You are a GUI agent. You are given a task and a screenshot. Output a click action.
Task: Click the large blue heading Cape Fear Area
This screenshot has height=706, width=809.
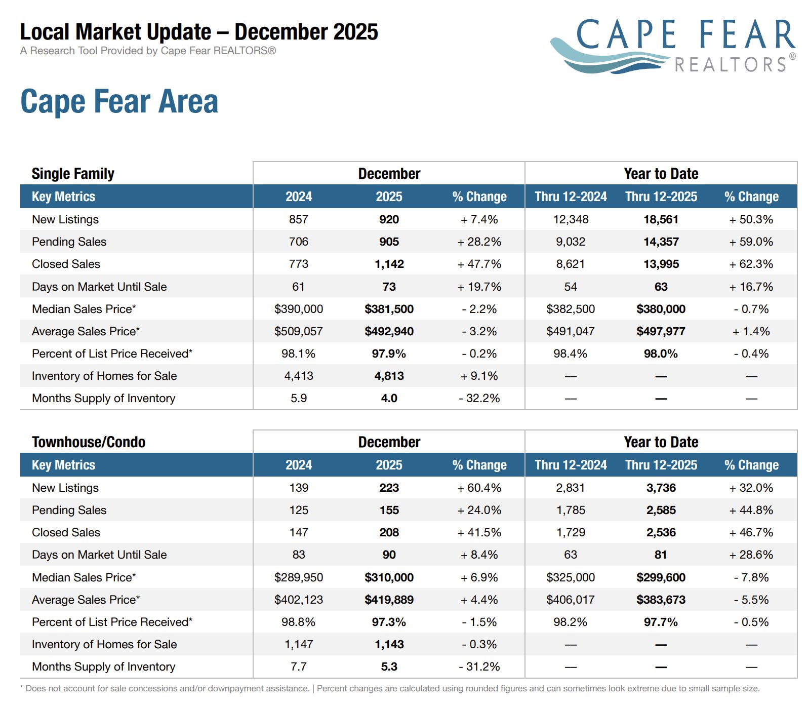click(x=119, y=101)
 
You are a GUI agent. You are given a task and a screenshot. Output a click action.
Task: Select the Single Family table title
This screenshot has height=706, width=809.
click(x=73, y=174)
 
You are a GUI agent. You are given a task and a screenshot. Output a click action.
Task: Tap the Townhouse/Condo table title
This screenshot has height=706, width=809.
click(x=89, y=442)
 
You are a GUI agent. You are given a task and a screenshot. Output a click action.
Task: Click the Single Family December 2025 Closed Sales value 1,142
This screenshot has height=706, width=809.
click(x=389, y=264)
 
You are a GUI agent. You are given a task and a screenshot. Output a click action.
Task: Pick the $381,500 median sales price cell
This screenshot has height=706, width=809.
click(x=389, y=309)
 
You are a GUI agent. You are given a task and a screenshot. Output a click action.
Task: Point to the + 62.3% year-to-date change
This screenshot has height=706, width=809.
click(x=751, y=264)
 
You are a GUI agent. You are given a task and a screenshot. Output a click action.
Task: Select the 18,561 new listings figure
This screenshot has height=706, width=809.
click(x=661, y=219)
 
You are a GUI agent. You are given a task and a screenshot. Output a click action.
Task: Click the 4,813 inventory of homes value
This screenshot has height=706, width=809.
click(x=389, y=376)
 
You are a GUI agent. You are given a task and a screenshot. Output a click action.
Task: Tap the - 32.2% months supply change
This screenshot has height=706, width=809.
click(x=479, y=398)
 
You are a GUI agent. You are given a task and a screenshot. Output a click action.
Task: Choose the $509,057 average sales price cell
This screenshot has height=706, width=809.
click(x=298, y=331)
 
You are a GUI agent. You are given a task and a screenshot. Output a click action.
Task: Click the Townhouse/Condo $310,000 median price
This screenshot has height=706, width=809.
click(x=389, y=577)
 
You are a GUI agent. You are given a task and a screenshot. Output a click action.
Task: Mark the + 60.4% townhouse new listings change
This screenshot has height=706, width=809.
click(x=479, y=488)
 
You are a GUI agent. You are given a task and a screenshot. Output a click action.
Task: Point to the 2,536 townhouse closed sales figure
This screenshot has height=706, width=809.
click(x=661, y=532)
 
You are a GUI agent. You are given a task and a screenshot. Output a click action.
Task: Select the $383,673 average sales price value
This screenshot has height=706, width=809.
click(x=661, y=600)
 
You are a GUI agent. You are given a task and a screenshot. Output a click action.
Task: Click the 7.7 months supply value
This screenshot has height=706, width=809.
click(x=298, y=666)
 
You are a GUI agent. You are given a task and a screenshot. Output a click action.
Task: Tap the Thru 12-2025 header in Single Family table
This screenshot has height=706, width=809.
click(x=661, y=197)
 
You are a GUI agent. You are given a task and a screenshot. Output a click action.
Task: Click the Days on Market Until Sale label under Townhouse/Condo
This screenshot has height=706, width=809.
click(x=99, y=555)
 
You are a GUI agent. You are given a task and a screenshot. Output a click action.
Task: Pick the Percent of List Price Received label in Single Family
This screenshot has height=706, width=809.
click(x=112, y=354)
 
